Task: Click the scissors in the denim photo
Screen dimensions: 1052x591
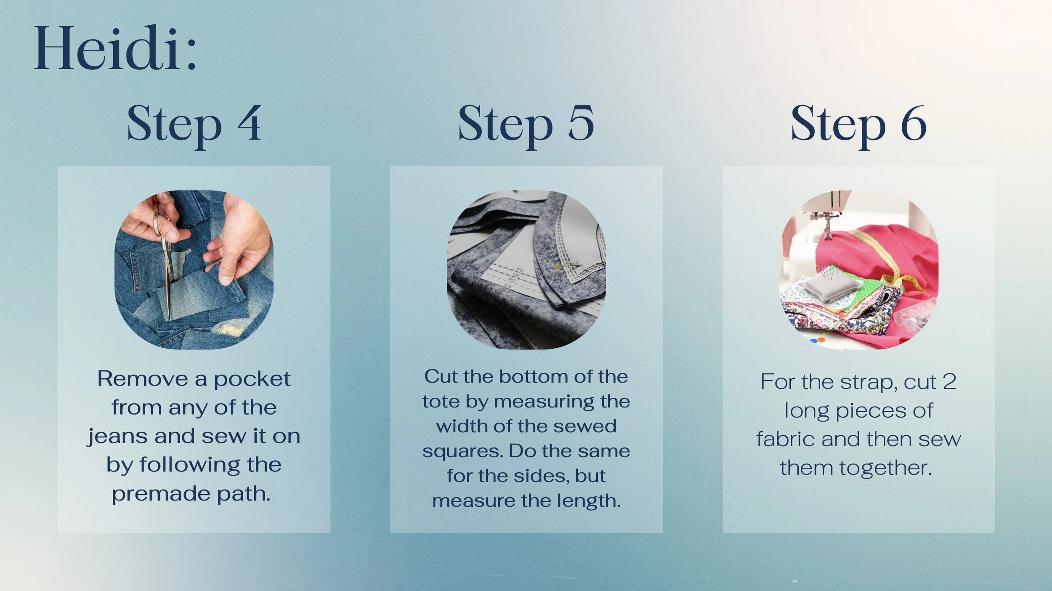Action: [x=165, y=261]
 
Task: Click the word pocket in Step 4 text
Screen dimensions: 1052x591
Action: [x=252, y=379]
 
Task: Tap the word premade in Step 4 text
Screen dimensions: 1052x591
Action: [x=161, y=494]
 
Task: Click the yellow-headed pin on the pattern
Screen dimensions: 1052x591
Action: [x=558, y=266]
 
